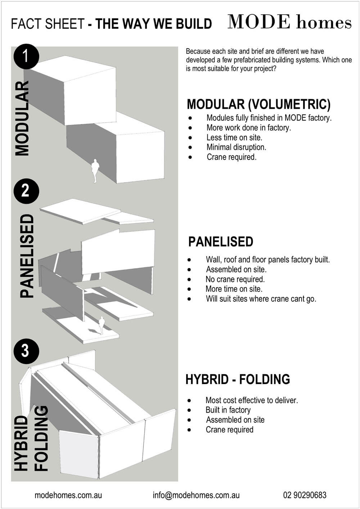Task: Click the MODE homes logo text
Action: coord(289,22)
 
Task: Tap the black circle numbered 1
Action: coord(26,57)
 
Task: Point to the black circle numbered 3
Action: coord(26,351)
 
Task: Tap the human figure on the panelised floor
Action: coord(102,325)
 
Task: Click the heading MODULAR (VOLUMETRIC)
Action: coord(258,104)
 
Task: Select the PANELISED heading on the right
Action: coord(221,242)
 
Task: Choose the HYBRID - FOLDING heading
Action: coord(238,379)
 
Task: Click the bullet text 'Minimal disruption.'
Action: coord(236,147)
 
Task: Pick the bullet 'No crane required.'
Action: coord(235,279)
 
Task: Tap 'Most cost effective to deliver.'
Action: coord(252,400)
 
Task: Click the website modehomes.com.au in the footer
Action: coord(68,495)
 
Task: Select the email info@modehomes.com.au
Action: coord(196,495)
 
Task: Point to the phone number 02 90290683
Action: coord(305,495)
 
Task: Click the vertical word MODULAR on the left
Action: coord(22,118)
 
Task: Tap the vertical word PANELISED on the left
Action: coord(27,256)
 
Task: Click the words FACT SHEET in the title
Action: coord(47,24)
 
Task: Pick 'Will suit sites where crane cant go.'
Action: coord(261,299)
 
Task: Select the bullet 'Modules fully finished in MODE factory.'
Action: coord(269,118)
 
